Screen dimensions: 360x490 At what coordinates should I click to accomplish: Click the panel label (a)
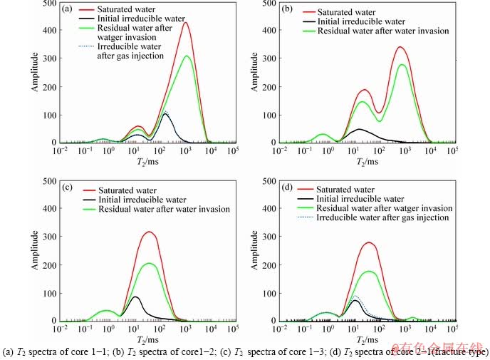[67, 9]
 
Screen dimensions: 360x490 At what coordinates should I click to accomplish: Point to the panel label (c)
[66, 188]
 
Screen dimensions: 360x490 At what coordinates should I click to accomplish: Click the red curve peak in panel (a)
[185, 23]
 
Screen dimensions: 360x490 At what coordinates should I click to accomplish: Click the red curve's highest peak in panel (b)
[400, 47]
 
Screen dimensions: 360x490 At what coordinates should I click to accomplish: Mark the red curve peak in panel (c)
[148, 232]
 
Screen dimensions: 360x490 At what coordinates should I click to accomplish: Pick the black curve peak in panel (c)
[134, 297]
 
